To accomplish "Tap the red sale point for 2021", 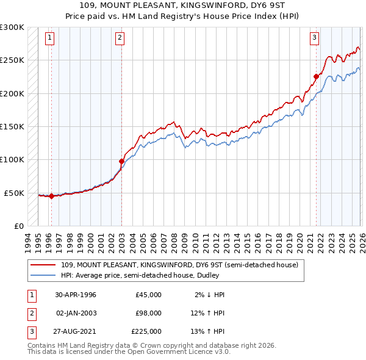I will click(317, 76).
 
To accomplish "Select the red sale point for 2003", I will click(121, 161).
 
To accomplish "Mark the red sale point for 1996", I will click(51, 196).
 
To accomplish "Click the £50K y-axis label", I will click(13, 193).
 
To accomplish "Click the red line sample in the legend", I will click(43, 265).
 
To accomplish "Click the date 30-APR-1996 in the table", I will click(76, 294).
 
